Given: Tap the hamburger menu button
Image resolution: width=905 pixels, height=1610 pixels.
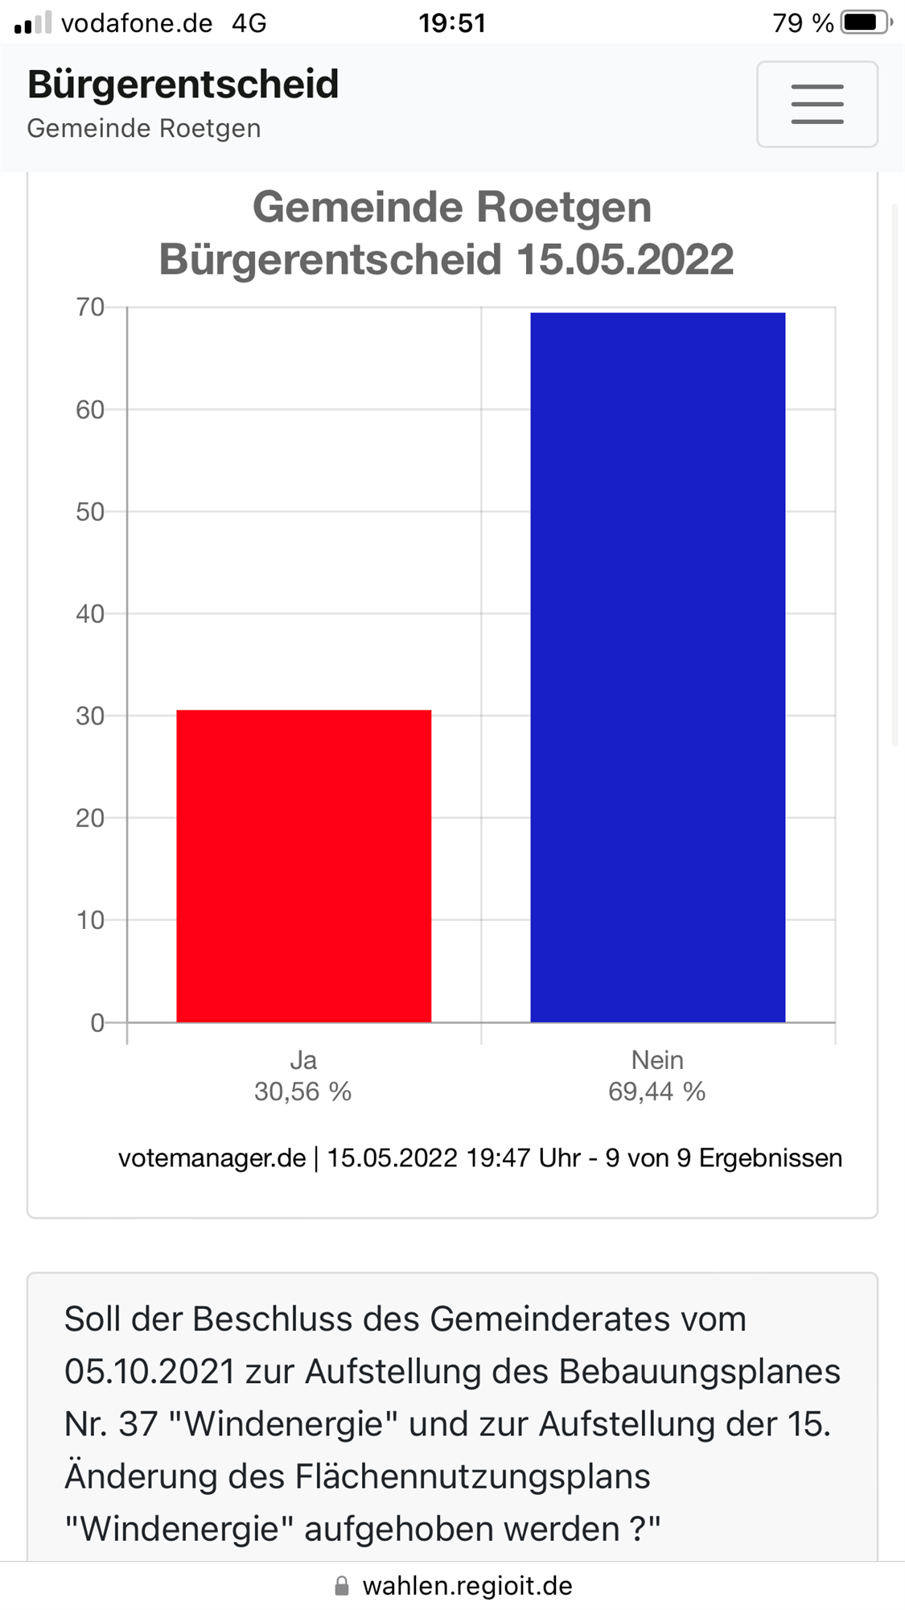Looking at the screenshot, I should pyautogui.click(x=817, y=104).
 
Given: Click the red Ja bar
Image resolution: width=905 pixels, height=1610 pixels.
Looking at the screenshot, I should pyautogui.click(x=303, y=865).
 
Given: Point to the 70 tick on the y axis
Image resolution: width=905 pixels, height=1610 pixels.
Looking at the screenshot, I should pyautogui.click(x=90, y=307).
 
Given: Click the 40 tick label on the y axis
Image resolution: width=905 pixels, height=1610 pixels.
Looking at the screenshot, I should pyautogui.click(x=90, y=613).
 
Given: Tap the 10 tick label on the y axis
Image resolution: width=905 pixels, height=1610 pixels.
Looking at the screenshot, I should pyautogui.click(x=90, y=920).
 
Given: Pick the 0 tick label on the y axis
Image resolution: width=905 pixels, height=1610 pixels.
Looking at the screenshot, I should pyautogui.click(x=97, y=1022).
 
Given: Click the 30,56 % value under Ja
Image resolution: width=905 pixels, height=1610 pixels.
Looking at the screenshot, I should pyautogui.click(x=302, y=1092).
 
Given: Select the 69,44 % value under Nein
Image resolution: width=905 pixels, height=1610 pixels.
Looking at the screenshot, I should pyautogui.click(x=656, y=1092).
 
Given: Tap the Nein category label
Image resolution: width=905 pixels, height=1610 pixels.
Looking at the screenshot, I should pyautogui.click(x=657, y=1059).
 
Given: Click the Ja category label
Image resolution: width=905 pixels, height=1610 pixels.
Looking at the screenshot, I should pyautogui.click(x=303, y=1059).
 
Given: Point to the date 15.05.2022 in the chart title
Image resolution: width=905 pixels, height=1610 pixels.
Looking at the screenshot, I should pyautogui.click(x=624, y=259).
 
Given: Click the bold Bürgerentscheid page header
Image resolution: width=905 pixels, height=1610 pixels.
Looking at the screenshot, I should pyautogui.click(x=183, y=85).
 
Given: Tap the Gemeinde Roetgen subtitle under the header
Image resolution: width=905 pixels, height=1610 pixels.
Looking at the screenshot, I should pyautogui.click(x=144, y=129).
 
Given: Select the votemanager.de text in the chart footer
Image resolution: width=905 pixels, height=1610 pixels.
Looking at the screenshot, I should pyautogui.click(x=212, y=1158).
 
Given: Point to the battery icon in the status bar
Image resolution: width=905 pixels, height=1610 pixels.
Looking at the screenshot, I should pyautogui.click(x=865, y=23).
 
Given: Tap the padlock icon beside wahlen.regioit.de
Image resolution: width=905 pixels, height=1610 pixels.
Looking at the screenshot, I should pyautogui.click(x=342, y=1586).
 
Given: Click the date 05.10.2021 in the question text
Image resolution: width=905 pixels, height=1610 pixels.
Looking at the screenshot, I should pyautogui.click(x=149, y=1372).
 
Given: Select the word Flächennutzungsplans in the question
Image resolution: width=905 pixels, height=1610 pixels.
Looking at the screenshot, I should pyautogui.click(x=472, y=1476).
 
